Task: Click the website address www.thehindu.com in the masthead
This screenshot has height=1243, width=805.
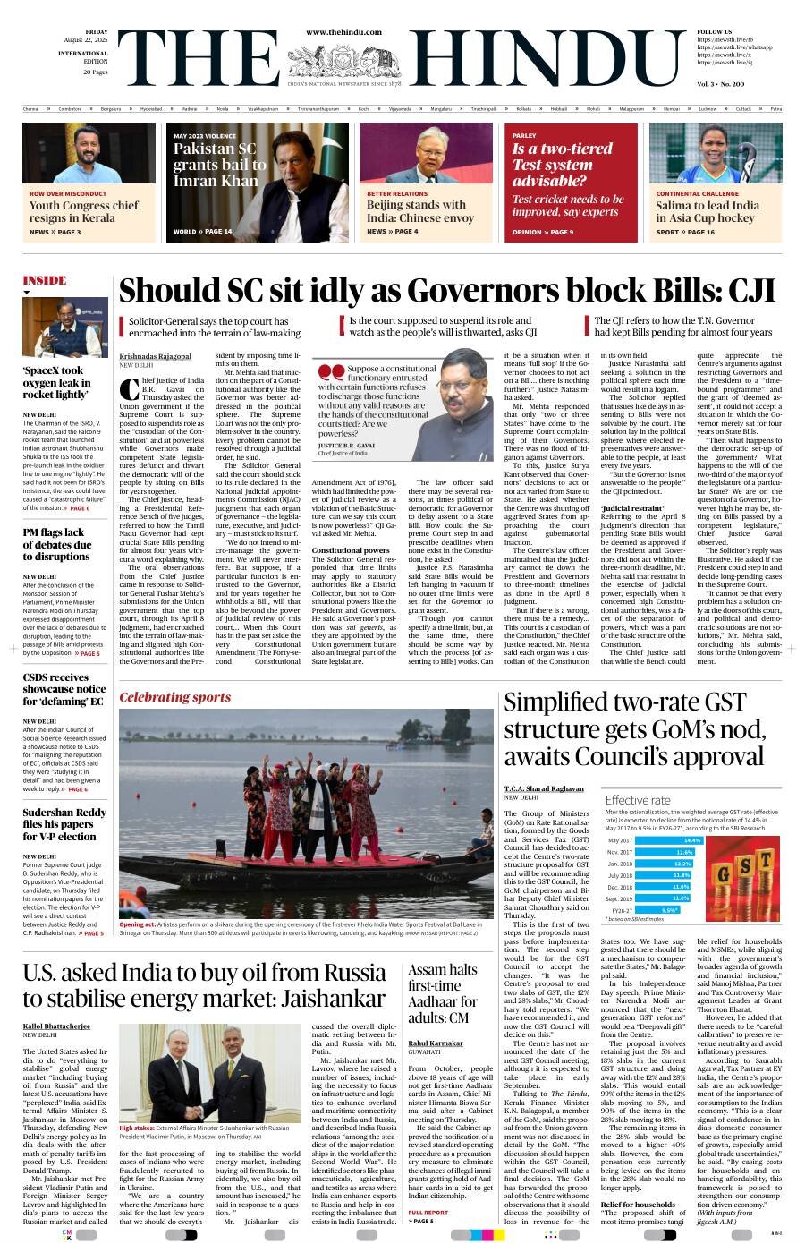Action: point(343,32)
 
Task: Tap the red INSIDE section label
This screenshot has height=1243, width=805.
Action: point(45,280)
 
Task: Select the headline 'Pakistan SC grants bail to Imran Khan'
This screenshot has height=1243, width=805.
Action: point(220,165)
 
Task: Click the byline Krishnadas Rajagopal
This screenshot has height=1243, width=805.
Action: point(155,356)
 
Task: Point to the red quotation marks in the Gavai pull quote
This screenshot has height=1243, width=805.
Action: point(331,371)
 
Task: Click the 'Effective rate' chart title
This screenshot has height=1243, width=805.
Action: point(637,800)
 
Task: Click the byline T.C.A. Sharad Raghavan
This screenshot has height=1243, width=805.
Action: point(544,788)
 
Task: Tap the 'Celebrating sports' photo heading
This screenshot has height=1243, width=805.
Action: point(174,697)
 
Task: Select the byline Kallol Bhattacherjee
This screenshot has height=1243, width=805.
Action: point(56,1026)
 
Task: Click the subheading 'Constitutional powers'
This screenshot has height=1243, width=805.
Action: point(351,550)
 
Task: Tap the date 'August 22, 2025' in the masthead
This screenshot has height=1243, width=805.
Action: point(86,39)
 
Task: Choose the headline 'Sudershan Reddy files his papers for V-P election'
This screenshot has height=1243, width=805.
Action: point(64,824)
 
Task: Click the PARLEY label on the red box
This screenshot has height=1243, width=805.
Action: point(524,135)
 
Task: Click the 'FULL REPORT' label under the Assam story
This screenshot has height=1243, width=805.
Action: point(428,1213)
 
